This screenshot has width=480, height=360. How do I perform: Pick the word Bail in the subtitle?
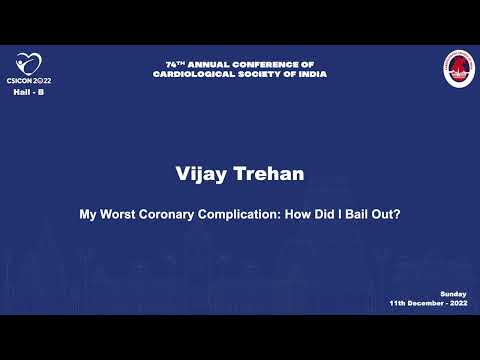[x=355, y=212]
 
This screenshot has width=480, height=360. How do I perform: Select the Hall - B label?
[x=28, y=92]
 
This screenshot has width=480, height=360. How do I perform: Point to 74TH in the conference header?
[x=177, y=65]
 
